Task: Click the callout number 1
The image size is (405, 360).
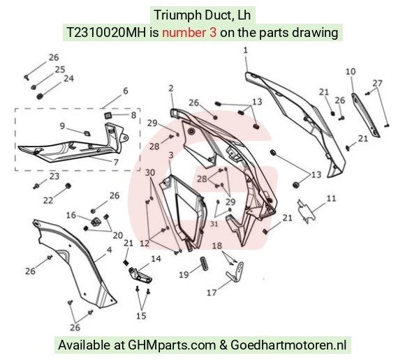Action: click(x=245, y=50)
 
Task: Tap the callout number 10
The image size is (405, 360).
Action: click(x=351, y=71)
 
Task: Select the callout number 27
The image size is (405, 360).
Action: click(x=377, y=83)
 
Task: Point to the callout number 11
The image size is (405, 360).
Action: click(x=332, y=198)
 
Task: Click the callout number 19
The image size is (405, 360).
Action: click(x=184, y=275)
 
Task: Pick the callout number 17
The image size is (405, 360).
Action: click(x=212, y=293)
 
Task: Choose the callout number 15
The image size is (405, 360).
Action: click(x=141, y=315)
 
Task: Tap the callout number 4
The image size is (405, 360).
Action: click(x=109, y=250)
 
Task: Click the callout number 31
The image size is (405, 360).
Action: click(x=214, y=224)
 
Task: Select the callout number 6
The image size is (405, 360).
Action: click(x=126, y=91)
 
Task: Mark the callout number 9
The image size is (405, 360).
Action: click(x=62, y=126)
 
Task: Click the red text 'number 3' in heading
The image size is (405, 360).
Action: click(x=189, y=33)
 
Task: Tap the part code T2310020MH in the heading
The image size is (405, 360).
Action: click(x=106, y=33)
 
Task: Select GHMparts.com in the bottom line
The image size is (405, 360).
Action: click(x=172, y=345)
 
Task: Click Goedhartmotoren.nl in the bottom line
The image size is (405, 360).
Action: click(x=288, y=345)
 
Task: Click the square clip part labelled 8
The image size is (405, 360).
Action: click(x=108, y=115)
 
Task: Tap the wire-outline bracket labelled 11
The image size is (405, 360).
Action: click(x=307, y=211)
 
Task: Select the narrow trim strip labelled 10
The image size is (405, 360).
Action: click(x=365, y=114)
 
